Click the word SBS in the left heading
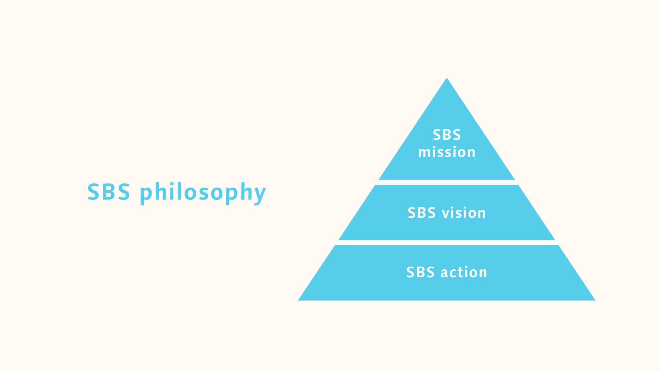tap(109, 192)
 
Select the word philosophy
tap(203, 192)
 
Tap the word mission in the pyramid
tap(447, 152)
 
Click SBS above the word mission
tap(447, 135)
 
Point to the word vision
tap(464, 213)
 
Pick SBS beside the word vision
tap(422, 213)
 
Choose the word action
tap(464, 272)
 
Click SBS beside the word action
tap(420, 272)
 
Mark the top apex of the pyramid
tap(447, 79)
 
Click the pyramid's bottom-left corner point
tap(299, 300)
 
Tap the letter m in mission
tap(425, 153)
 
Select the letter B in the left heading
tap(109, 192)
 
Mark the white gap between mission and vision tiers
tap(447, 182)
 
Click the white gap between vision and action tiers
tap(447, 243)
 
